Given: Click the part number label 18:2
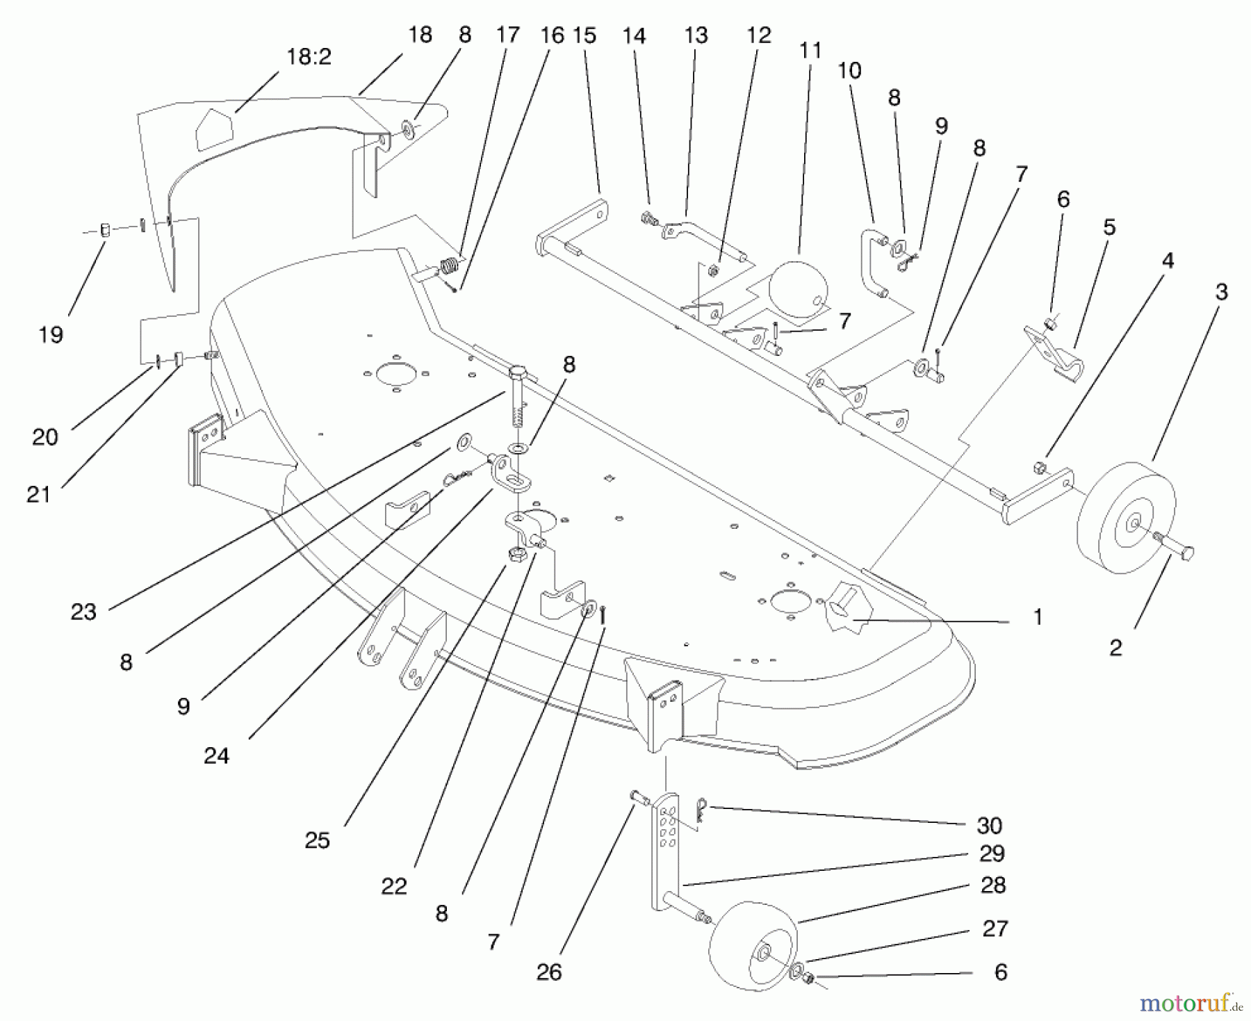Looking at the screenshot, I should [x=309, y=57].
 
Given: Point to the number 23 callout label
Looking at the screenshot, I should [x=83, y=612].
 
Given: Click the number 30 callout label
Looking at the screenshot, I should [x=989, y=825].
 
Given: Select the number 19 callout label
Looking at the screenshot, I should [x=51, y=334].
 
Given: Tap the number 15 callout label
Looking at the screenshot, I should [x=585, y=35].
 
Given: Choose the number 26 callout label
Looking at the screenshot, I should [x=549, y=972].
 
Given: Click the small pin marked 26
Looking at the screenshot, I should [x=638, y=798].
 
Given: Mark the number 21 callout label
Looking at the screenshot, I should [x=39, y=494].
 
